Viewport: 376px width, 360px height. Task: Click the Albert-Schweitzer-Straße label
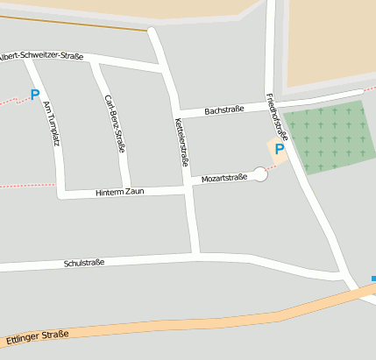tap(42, 56)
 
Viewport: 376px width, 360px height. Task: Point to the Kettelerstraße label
tap(182, 141)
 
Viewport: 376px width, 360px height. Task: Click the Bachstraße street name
tap(224, 110)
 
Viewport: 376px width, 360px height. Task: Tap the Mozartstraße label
tap(223, 178)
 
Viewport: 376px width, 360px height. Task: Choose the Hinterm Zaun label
tap(119, 192)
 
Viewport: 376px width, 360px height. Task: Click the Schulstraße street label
tap(84, 263)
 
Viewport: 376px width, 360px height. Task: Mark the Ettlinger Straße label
tap(37, 335)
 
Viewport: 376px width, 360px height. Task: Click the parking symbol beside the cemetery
tap(280, 149)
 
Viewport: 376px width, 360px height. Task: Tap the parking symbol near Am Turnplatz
tap(35, 95)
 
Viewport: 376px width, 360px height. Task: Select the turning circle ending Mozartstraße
tap(259, 175)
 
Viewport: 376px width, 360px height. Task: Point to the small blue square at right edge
tap(373, 279)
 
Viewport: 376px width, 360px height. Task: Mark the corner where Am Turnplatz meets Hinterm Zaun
tap(60, 193)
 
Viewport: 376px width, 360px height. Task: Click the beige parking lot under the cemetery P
tap(273, 158)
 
